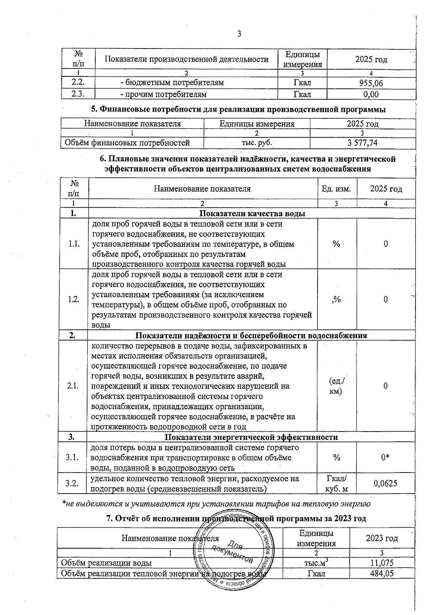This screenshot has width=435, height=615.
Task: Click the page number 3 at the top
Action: tap(239, 34)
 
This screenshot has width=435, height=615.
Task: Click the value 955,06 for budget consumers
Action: tap(371, 83)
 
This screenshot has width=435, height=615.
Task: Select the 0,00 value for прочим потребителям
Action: tap(371, 95)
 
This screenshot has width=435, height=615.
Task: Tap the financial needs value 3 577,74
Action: tap(362, 143)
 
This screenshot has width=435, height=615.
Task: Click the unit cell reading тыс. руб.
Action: tap(257, 143)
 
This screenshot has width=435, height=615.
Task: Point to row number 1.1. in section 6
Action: tap(74, 244)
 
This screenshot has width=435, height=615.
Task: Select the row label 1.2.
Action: tap(74, 299)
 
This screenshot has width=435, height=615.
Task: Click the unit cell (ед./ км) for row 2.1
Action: tap(337, 386)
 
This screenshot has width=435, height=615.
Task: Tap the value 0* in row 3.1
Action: tap(385, 458)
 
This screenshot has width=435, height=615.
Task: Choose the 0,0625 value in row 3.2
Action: tap(385, 483)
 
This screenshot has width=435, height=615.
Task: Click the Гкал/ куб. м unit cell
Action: tap(337, 483)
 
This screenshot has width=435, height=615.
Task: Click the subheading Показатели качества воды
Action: tap(252, 213)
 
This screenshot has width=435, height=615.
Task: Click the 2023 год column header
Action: tap(382, 538)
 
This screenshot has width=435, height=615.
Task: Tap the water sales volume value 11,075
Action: tap(382, 563)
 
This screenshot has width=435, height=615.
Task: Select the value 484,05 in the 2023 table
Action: tap(382, 573)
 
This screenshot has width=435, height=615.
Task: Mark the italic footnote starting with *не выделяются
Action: tap(216, 503)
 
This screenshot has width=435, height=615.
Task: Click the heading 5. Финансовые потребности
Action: tap(238, 109)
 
